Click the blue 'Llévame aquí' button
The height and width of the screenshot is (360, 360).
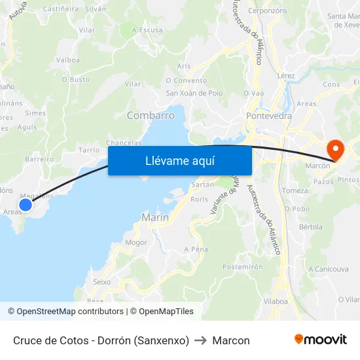pos(179,160)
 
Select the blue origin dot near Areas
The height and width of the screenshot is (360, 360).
pos(26,205)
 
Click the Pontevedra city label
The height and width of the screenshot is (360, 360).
pos(269,116)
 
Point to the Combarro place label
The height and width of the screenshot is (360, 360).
pos(151,115)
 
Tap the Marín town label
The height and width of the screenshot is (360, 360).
pos(155,217)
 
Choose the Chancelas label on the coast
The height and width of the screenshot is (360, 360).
pos(124,143)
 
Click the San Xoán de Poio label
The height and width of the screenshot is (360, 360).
pos(194,93)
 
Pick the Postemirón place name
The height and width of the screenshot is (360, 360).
pos(243,267)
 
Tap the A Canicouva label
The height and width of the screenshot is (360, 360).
pos(328,269)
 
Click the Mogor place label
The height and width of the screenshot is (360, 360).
pos(135,242)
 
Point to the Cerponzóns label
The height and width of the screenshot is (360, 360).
pos(268,11)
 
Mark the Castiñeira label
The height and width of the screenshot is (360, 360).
pos(60,9)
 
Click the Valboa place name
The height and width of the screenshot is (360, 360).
pos(68,60)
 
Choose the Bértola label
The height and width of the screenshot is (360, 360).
pos(310,227)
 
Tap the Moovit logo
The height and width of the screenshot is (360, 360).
pos(321,340)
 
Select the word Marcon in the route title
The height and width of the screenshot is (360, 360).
pos(231,340)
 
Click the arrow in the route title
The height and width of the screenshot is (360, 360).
pos(201,340)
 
